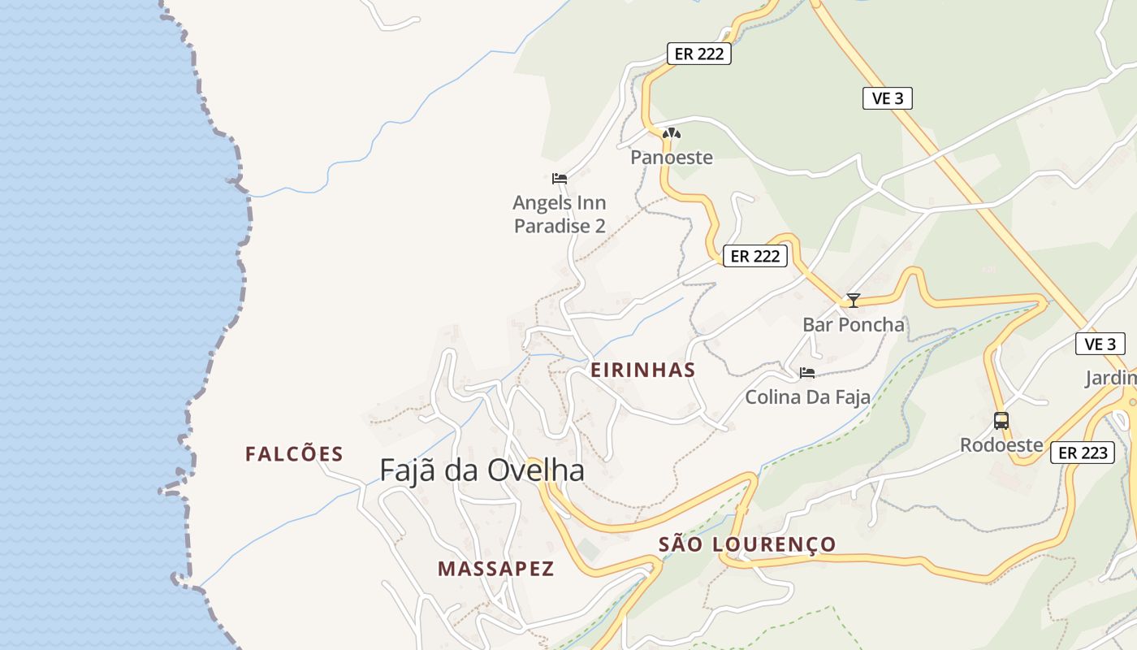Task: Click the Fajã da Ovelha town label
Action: (482, 470)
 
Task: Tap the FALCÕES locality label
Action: (294, 454)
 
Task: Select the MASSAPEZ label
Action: (495, 569)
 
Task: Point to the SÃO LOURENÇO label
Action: (746, 544)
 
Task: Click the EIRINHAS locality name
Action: (642, 370)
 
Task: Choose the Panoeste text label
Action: (672, 158)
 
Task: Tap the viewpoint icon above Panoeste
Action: (671, 133)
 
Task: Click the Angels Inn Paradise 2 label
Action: (560, 214)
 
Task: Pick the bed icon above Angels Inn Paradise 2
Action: (559, 178)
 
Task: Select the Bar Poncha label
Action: (853, 324)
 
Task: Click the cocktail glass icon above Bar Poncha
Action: (853, 300)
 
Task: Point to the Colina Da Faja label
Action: (807, 397)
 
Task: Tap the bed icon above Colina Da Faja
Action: (807, 373)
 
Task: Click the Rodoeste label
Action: (1001, 444)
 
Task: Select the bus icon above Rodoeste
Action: (1001, 421)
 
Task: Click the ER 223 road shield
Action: (1083, 453)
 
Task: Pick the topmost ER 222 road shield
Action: (699, 54)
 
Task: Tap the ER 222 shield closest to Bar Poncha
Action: (755, 256)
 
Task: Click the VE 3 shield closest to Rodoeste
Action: (1100, 344)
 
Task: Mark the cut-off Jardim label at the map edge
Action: (1111, 378)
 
